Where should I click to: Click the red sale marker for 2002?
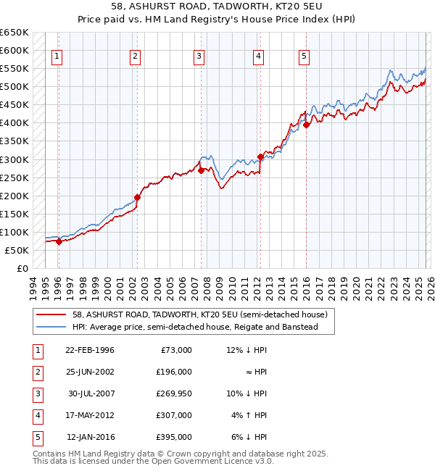(137, 196)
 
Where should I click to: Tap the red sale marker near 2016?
(306, 125)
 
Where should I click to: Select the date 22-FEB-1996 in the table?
(89, 350)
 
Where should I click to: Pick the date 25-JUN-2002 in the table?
(89, 372)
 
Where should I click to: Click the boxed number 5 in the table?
(36, 437)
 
